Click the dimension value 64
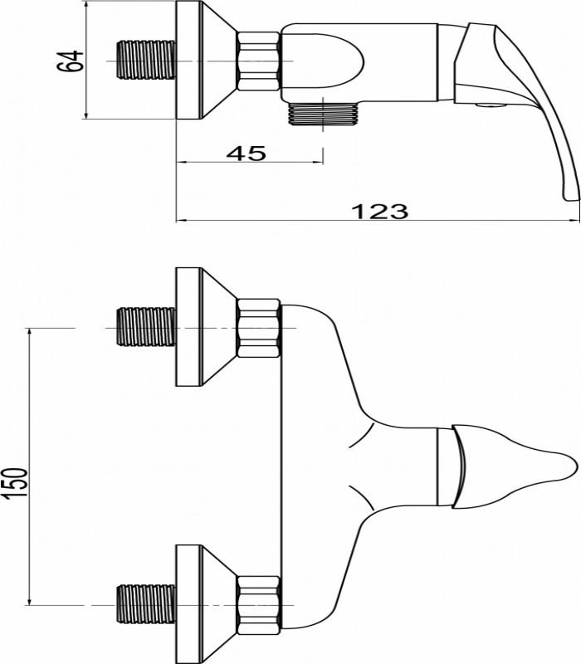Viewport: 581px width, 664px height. [x=70, y=61]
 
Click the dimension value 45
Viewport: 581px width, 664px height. [x=246, y=153]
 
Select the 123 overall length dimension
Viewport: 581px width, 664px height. [x=380, y=212]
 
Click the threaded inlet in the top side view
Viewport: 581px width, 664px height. [x=146, y=60]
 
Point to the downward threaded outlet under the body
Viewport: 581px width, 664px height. [x=323, y=114]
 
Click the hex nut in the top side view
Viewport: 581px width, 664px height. [x=258, y=61]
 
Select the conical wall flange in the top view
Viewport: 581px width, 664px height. [x=205, y=60]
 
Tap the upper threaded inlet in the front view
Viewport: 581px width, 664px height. [x=146, y=327]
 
